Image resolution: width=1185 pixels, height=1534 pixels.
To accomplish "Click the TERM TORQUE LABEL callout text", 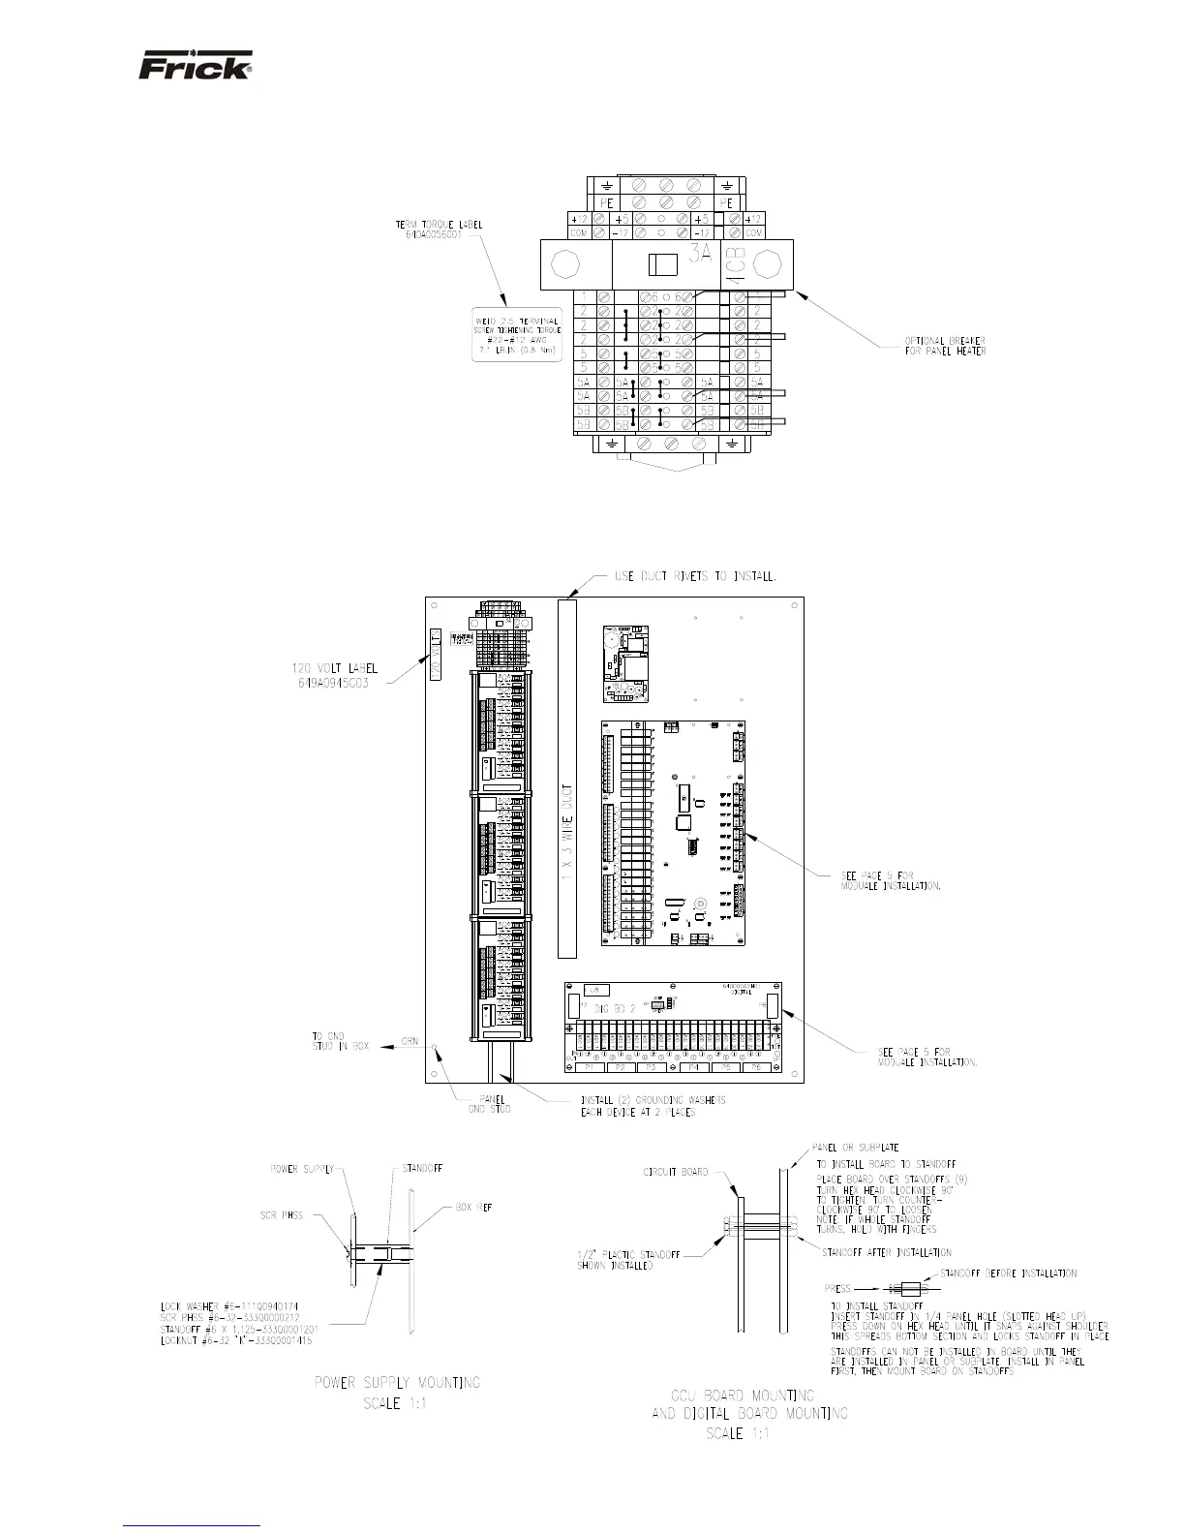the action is coord(440,229).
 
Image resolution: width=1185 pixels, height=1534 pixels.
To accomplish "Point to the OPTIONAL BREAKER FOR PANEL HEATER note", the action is coord(945,345).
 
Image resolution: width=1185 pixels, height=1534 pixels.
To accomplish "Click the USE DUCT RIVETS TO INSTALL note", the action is coord(696,576).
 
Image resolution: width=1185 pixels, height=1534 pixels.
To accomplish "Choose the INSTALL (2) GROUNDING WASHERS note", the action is coord(653,1106).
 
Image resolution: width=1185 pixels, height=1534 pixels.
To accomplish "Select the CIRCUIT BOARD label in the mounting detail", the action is coord(676,1171).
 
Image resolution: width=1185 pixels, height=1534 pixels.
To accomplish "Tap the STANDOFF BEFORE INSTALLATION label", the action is coord(1008,1273).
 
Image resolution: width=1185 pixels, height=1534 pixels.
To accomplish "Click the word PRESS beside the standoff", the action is coord(837,1289).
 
